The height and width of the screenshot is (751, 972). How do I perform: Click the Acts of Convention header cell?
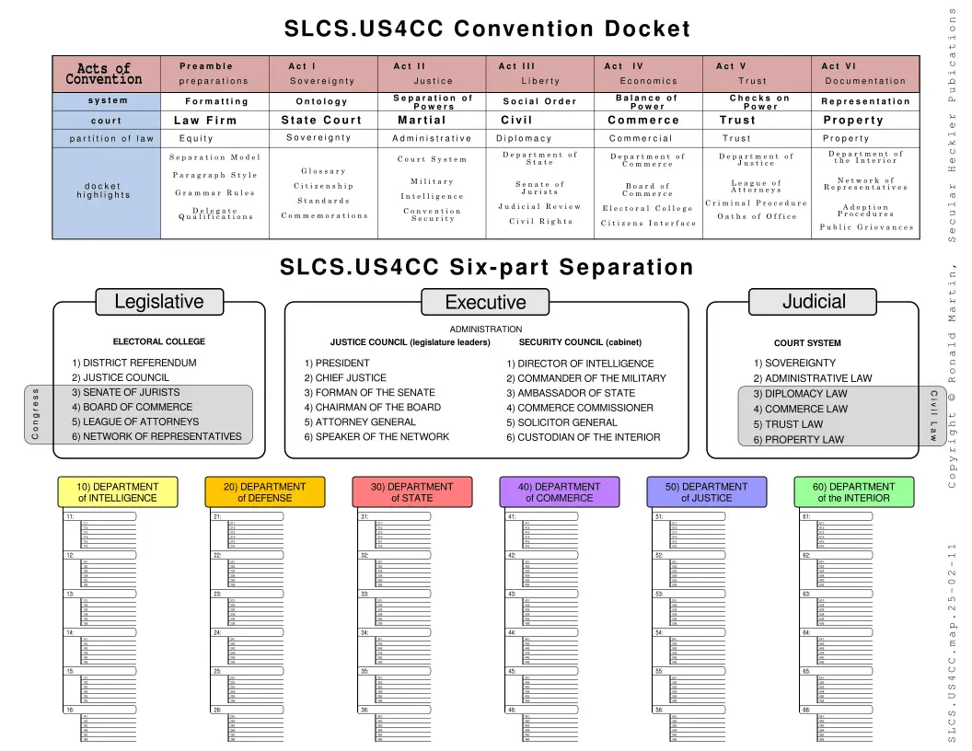coord(103,74)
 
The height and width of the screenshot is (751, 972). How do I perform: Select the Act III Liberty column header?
coord(539,74)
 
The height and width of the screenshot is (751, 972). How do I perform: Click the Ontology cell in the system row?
coord(322,101)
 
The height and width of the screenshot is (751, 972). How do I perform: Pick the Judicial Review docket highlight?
coord(539,206)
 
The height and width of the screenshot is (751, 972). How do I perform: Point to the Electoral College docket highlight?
coord(647,208)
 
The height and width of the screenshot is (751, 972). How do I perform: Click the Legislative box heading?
coord(158,301)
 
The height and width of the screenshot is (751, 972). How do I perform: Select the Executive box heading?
coord(485,302)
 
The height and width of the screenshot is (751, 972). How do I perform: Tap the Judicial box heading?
coord(813,301)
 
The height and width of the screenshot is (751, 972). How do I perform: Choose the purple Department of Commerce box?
coord(559,491)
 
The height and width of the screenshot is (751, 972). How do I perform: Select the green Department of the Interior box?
coord(853,491)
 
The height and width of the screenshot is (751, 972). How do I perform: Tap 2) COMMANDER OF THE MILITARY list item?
coord(585,378)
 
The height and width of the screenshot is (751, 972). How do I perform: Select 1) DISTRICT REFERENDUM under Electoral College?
coord(134,363)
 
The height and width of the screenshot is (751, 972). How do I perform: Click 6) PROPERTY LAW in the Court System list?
coord(798,440)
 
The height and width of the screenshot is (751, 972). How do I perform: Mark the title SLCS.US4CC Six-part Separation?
coord(486,268)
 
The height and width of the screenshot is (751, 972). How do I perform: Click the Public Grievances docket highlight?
coord(866,227)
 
